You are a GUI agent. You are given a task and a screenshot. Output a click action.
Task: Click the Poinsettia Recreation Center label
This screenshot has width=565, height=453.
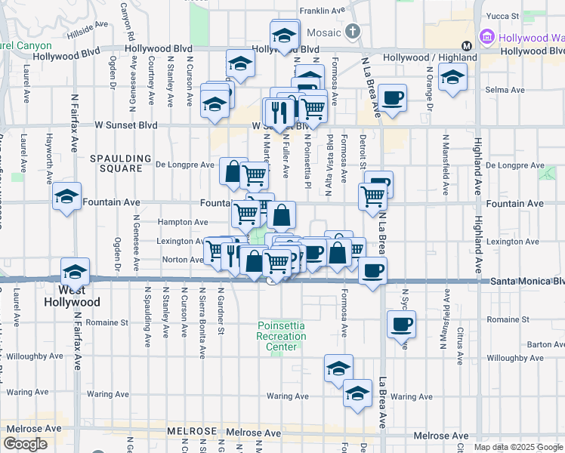click(280, 336)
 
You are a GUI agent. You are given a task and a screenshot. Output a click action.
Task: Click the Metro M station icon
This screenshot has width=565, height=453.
click(467, 45)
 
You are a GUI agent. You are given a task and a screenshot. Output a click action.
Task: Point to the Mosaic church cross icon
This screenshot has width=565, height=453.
click(352, 31)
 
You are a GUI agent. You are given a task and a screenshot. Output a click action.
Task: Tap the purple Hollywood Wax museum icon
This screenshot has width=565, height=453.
click(486, 37)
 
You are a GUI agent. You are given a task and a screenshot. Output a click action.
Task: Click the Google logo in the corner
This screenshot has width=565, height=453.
click(26, 444)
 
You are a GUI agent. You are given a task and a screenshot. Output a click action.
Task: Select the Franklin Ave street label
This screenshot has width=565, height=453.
click(323, 11)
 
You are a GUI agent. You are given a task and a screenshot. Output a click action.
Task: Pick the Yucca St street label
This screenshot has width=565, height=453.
click(503, 15)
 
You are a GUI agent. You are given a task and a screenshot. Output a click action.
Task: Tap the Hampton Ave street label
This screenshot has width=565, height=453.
click(182, 223)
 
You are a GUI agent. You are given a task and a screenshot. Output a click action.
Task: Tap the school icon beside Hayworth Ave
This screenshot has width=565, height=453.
click(67, 198)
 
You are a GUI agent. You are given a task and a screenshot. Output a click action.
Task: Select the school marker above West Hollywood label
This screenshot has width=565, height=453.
click(75, 271)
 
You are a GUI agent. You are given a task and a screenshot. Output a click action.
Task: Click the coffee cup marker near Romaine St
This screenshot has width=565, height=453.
click(402, 325)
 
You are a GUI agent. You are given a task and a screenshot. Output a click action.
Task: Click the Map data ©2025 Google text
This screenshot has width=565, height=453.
click(518, 447)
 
